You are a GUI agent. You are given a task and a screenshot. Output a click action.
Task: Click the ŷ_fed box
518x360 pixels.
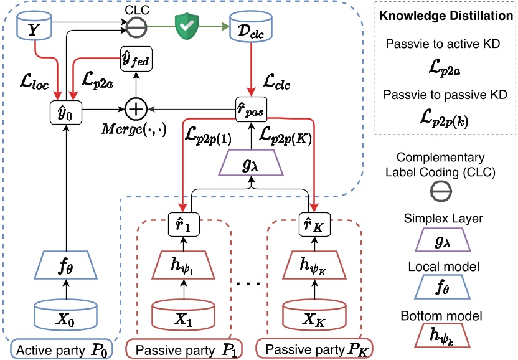pyautogui.click(x=135, y=60)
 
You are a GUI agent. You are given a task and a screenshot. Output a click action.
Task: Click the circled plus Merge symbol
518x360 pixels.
pyautogui.click(x=135, y=110)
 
